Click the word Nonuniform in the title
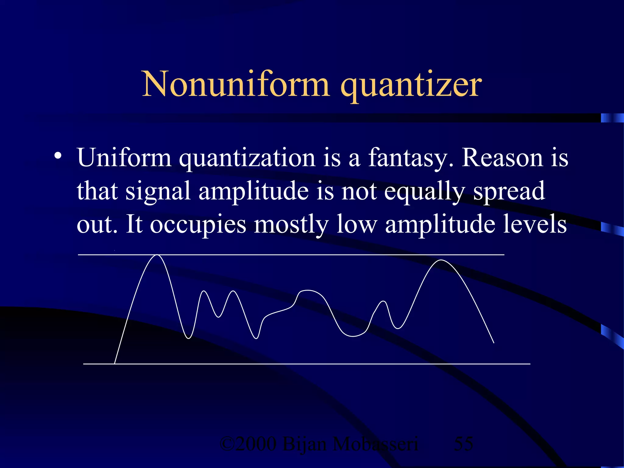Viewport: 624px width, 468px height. [x=236, y=84]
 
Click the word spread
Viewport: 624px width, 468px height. [x=509, y=192]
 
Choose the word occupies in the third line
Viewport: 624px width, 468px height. [x=198, y=225]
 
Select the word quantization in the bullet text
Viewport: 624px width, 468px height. [x=247, y=158]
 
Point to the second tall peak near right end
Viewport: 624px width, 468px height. [x=441, y=260]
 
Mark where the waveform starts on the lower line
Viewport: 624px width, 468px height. [x=115, y=363]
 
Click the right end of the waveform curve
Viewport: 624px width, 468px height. [x=493, y=342]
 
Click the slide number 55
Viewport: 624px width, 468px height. [x=463, y=444]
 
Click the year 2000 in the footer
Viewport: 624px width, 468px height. [x=256, y=444]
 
